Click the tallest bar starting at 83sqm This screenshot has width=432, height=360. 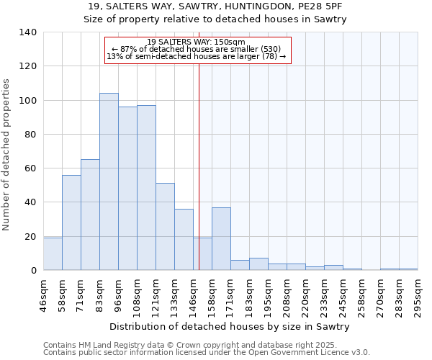tap(109, 181)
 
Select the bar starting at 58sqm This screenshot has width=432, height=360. tap(71, 222)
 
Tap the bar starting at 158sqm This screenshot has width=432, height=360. tap(221, 238)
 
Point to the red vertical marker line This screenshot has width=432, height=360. tap(199, 166)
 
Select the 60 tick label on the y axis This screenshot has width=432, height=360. tap(30, 168)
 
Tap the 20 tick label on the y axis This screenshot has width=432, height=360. tap(30, 236)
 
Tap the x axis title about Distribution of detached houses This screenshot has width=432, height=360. tap(230, 326)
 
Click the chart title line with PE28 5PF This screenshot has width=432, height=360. tap(216, 6)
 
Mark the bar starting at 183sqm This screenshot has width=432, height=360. tap(258, 264)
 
